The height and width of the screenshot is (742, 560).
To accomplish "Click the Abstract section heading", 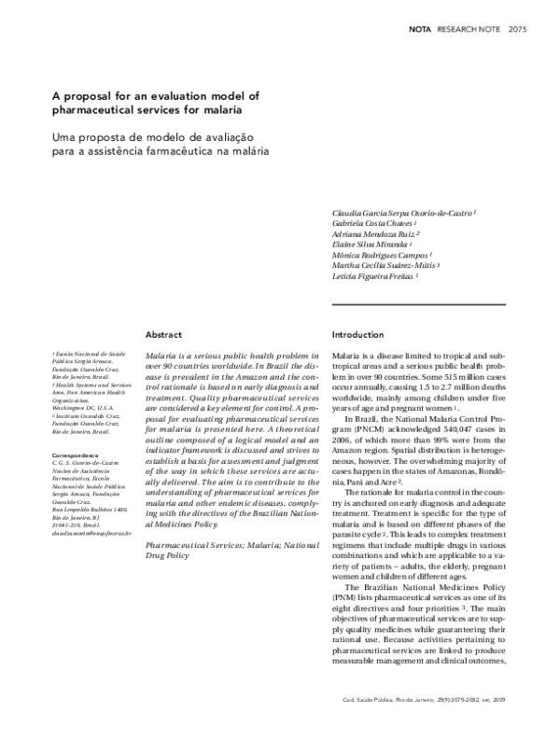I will coord(163,333).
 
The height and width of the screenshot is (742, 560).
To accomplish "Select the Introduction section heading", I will coord(358,333).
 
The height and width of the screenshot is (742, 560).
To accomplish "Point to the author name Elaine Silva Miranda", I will coord(372,245).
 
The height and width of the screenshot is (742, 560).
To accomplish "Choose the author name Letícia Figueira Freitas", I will coord(375,276).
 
